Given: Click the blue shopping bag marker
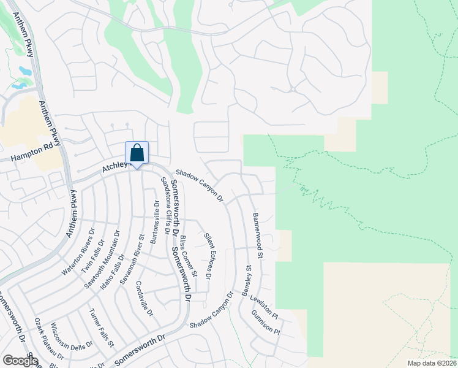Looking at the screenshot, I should pyautogui.click(x=137, y=153).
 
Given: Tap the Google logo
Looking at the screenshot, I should pyautogui.click(x=20, y=360).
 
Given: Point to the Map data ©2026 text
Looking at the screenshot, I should pyautogui.click(x=431, y=362).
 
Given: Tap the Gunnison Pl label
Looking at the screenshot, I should pyautogui.click(x=265, y=323).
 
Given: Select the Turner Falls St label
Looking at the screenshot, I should pyautogui.click(x=102, y=328).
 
